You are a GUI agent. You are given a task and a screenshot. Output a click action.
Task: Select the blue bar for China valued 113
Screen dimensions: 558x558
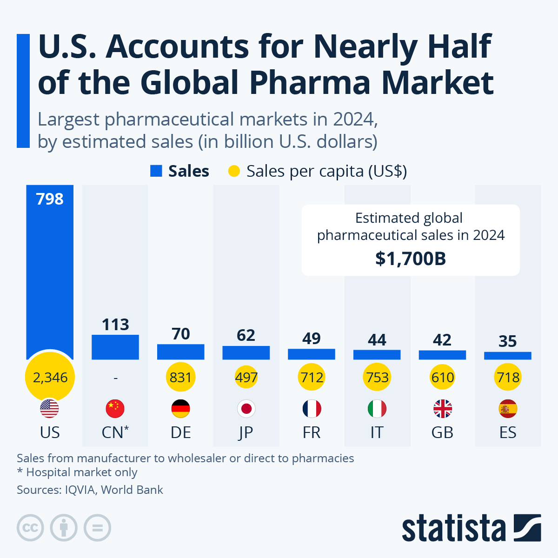point(115,347)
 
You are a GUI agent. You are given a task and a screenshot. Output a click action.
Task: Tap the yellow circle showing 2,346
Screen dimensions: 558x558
point(50,377)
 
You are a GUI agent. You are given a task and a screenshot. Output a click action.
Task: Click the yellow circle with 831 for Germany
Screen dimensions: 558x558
point(181,377)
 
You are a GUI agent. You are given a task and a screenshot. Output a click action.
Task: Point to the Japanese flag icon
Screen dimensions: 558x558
point(246,409)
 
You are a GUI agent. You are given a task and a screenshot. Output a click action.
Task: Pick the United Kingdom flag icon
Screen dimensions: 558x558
point(442,409)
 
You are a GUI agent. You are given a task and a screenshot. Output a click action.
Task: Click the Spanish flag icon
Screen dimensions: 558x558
point(508,409)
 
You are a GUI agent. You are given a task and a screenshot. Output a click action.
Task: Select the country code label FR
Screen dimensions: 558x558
point(312,432)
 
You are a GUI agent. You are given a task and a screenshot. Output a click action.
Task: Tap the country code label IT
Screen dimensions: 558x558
point(377,432)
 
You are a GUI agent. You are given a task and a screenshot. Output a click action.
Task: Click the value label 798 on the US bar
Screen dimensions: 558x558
point(50,199)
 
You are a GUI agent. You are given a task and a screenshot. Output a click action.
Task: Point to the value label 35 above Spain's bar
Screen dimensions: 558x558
point(508,341)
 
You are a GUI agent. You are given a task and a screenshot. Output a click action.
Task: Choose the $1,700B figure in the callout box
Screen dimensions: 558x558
point(411,259)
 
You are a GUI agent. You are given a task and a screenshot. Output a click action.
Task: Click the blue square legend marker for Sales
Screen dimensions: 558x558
point(156,171)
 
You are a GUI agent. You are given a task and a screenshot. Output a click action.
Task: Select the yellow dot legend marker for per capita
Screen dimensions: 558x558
point(234,171)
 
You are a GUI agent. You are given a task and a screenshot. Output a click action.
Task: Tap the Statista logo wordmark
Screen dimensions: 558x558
point(453,529)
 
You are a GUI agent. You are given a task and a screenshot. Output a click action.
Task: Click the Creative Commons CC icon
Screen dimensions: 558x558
point(30,528)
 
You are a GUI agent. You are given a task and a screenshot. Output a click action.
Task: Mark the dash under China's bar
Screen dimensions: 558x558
point(115,378)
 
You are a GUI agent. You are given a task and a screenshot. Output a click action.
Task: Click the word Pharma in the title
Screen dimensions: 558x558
point(311,83)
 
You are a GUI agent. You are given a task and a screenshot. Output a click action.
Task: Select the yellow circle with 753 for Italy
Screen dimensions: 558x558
point(377,377)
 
